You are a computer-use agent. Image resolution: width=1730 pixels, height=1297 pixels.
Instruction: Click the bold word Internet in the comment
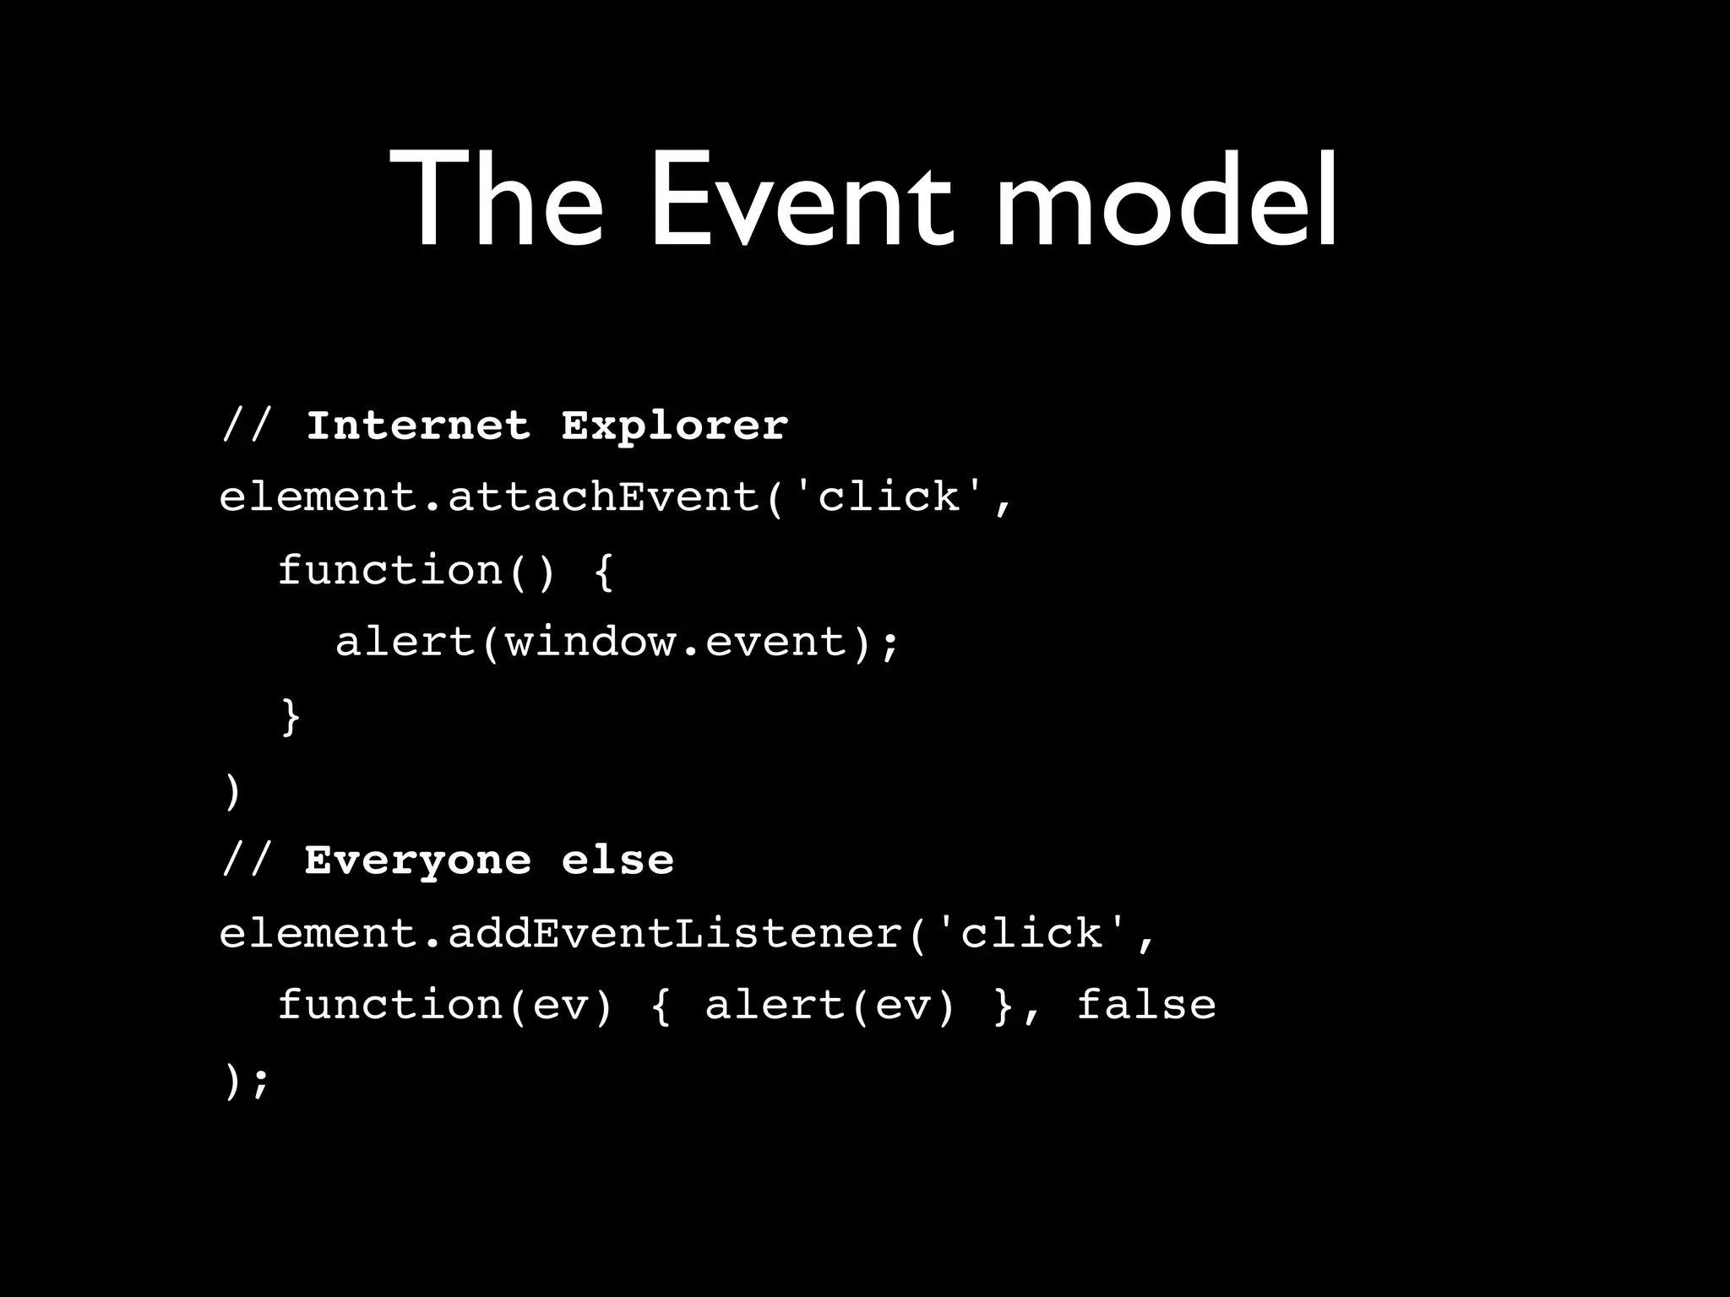point(418,425)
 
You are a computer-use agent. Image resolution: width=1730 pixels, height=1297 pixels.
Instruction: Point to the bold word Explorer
point(674,426)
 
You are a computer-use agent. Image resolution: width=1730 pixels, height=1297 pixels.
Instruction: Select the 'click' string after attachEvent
point(889,497)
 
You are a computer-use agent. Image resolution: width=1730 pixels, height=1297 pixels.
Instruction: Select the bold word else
point(617,860)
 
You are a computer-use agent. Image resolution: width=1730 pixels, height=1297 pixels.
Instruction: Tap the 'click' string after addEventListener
point(1032,934)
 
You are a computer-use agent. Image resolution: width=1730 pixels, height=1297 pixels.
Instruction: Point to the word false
point(1146,1005)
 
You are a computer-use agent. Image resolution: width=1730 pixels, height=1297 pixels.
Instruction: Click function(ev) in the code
point(444,1005)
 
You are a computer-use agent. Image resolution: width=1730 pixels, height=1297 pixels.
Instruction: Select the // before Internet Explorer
point(247,425)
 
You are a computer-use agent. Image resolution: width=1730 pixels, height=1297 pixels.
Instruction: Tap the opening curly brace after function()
point(603,571)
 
